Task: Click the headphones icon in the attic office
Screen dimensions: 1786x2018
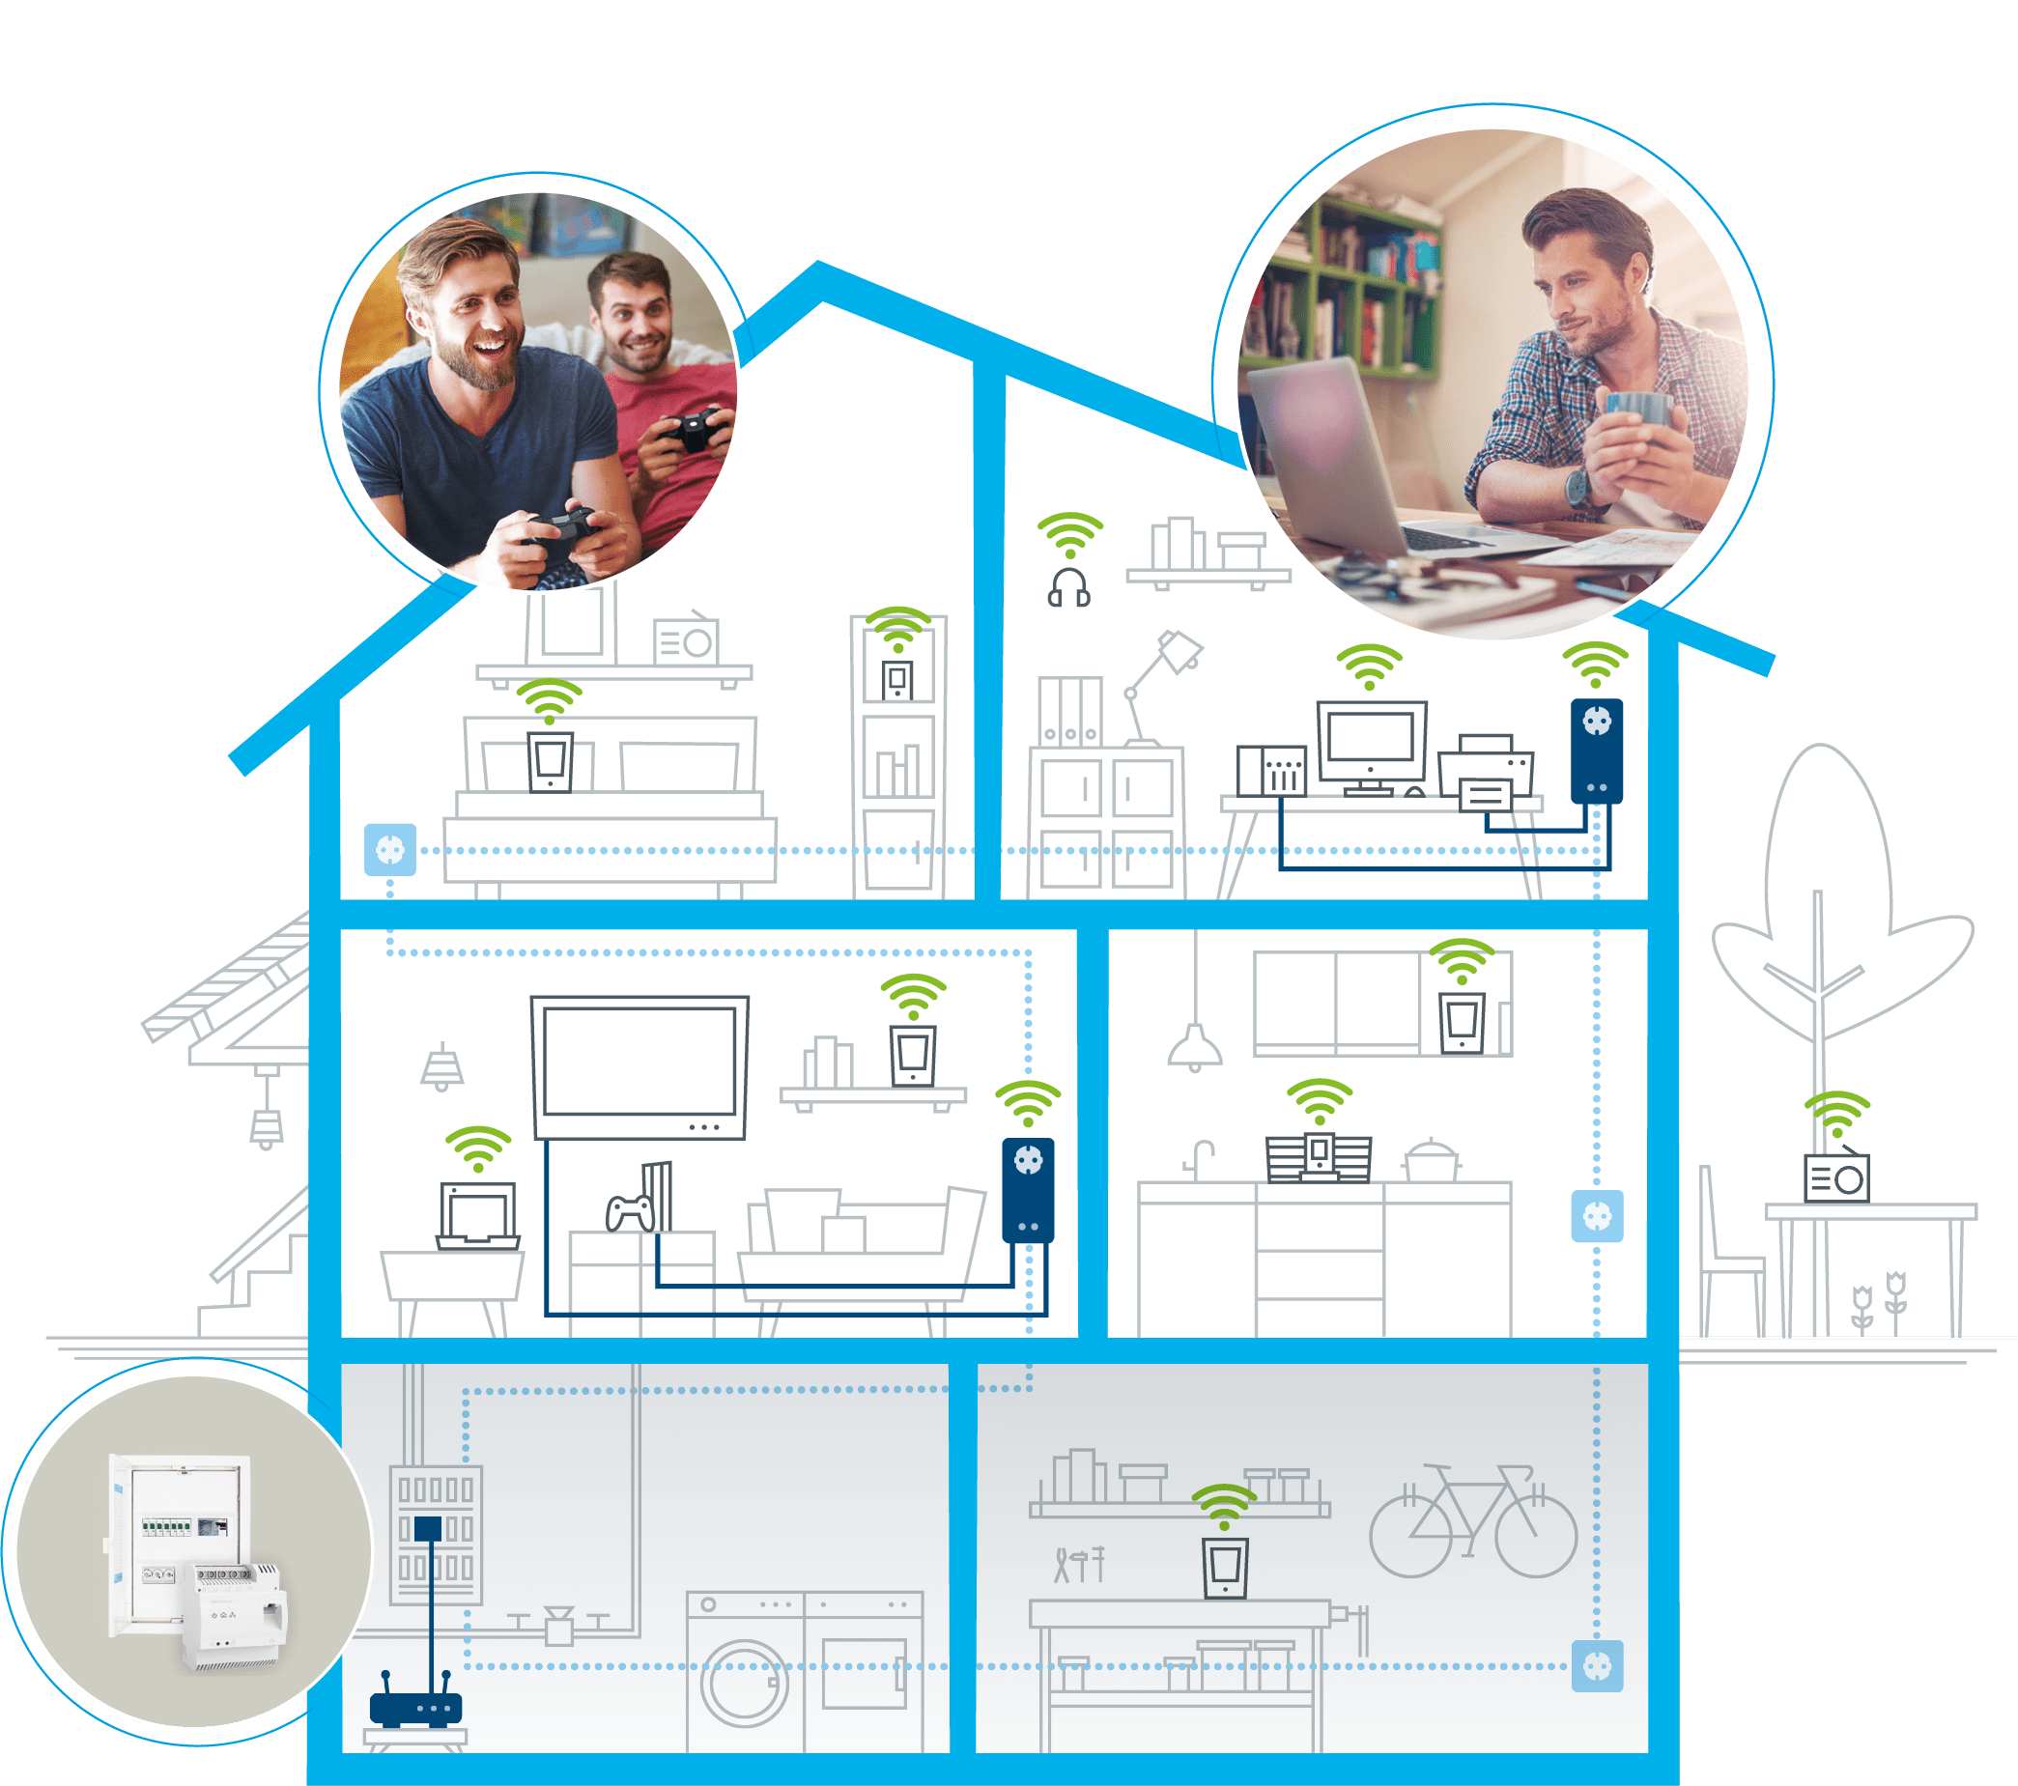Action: (x=1068, y=587)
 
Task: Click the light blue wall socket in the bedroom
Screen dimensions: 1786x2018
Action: (x=390, y=849)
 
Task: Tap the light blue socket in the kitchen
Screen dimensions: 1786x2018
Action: (x=1597, y=1216)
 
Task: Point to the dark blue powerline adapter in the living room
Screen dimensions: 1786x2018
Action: (x=1028, y=1191)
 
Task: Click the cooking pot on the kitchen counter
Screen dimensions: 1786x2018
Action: (x=1431, y=1162)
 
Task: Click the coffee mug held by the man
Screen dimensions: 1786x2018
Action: (x=1638, y=411)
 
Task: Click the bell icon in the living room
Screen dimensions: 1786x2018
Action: (x=442, y=1067)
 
